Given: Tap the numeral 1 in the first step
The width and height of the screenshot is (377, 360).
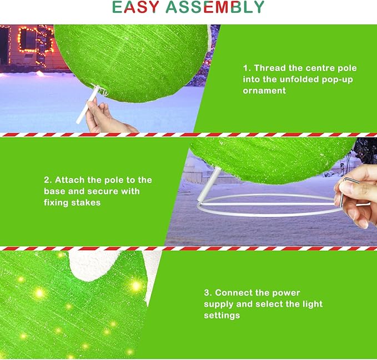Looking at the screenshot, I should coord(245,68).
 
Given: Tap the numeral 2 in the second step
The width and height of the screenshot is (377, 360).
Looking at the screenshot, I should coord(46,180).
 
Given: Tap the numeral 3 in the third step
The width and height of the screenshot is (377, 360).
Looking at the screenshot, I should coord(207,293).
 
